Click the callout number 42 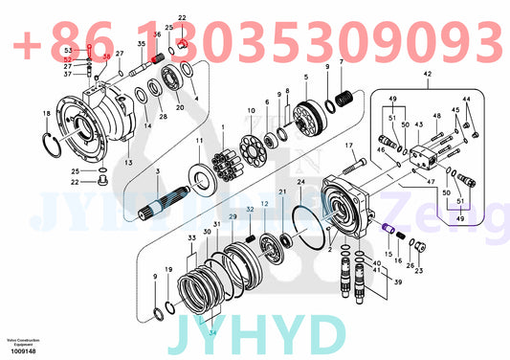coord(427,73)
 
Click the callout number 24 coord(299,181)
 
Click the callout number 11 coord(199,142)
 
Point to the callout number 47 coord(428,180)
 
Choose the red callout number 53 coord(67,49)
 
